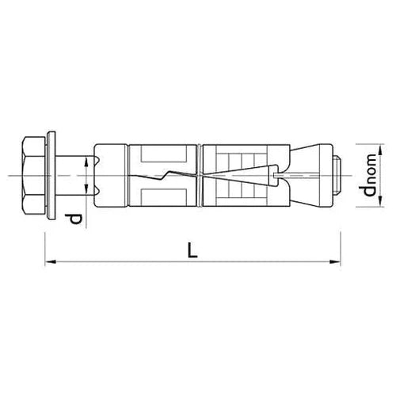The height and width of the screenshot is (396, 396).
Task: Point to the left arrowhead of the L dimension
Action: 48,259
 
